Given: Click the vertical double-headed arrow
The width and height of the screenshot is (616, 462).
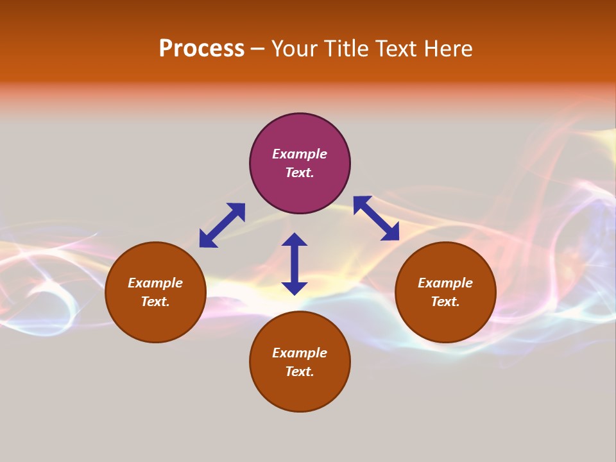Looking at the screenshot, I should [x=295, y=264].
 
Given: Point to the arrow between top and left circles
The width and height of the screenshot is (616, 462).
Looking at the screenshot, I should [x=222, y=225].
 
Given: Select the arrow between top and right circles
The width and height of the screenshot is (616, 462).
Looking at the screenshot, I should [x=377, y=218].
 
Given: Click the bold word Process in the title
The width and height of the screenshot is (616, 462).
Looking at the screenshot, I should [x=201, y=49].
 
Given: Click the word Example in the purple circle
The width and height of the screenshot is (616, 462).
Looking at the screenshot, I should [x=300, y=154].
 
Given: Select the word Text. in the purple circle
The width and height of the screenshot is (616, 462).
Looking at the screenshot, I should [x=300, y=173].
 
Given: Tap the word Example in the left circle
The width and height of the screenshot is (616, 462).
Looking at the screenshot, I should [x=155, y=283].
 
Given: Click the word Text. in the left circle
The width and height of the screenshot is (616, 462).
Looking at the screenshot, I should [x=155, y=302].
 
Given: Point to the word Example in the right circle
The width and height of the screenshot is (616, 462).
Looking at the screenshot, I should [x=445, y=283].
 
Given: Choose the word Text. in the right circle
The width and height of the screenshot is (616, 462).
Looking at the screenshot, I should [x=445, y=302].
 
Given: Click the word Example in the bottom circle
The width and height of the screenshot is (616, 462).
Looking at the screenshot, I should [x=300, y=353].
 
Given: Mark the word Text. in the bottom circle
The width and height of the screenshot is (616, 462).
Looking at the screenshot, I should [x=300, y=372].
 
